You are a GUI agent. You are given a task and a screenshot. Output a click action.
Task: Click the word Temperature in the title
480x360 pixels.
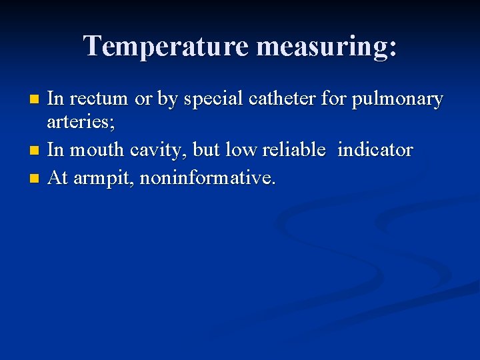[x=166, y=46]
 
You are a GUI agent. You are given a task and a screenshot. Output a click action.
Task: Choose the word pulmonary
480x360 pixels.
[x=400, y=100]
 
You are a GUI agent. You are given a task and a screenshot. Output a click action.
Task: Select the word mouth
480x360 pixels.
[x=96, y=150]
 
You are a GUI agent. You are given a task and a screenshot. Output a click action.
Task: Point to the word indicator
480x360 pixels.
[x=375, y=150]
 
